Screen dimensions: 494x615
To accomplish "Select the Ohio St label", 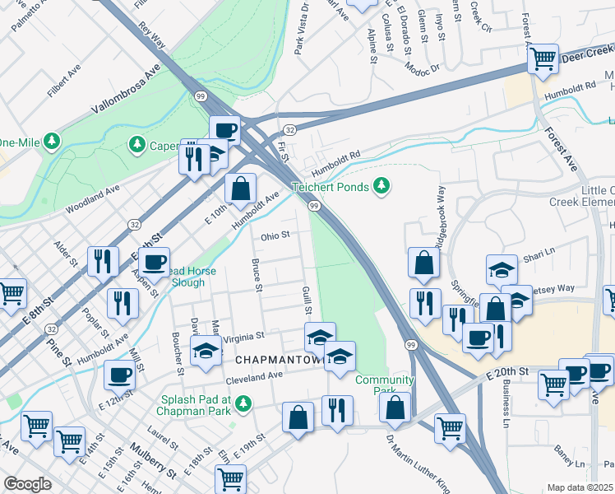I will click(x=276, y=235).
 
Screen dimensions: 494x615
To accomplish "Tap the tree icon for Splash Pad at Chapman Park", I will click(x=243, y=403).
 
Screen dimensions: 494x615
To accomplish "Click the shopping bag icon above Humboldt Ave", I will click(x=240, y=189).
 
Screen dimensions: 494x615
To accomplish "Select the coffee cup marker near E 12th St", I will click(x=120, y=376).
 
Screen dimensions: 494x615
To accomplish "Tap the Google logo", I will click(x=27, y=484).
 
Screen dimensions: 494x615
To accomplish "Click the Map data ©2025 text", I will click(x=580, y=487).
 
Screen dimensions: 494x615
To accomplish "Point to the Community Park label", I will click(x=373, y=385).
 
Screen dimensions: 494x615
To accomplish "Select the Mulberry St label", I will click(x=153, y=461).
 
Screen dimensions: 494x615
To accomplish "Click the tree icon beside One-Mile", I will click(x=52, y=141).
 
